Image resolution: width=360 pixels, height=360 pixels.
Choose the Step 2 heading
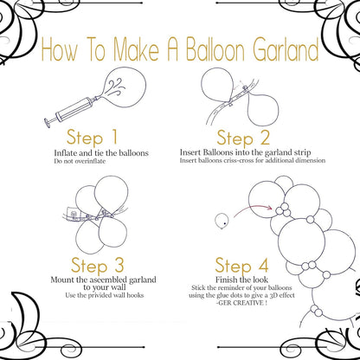point(244,138)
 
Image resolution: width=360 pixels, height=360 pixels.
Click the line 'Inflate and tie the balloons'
point(100,153)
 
